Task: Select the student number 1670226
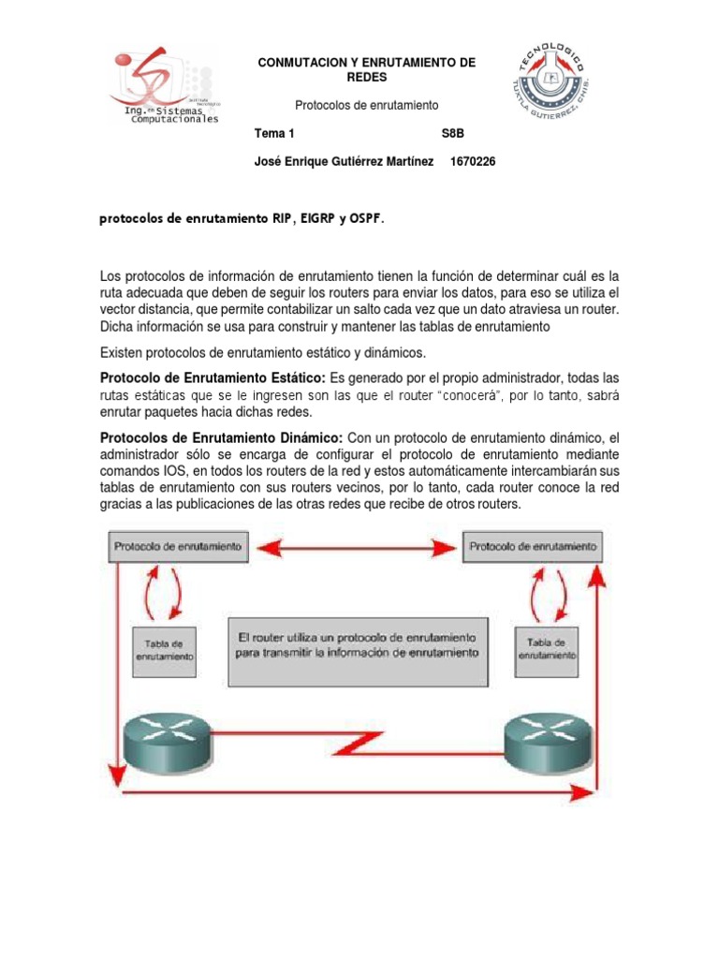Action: point(473,162)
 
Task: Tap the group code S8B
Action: point(452,134)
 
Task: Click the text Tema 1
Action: point(274,134)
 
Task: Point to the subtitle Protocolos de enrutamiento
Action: point(366,106)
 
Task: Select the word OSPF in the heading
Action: point(365,219)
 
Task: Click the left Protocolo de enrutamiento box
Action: point(178,545)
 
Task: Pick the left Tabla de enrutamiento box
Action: point(165,650)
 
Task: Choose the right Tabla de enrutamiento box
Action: point(547,650)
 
